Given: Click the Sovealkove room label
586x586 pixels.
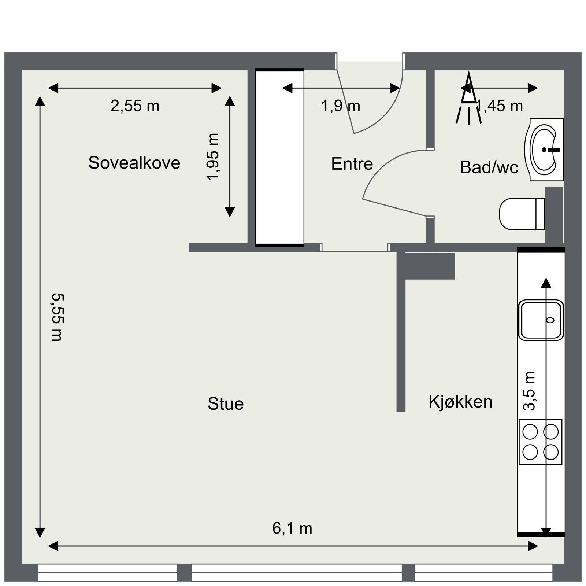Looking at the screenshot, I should [x=134, y=163].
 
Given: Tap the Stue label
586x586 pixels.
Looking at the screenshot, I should [x=226, y=404].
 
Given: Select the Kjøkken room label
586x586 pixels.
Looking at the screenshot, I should [x=460, y=402].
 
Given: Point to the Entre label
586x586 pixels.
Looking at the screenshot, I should [x=352, y=164].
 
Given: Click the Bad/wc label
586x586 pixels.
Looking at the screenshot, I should [x=489, y=167].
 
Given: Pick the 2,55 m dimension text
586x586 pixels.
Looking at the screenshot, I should [x=135, y=106].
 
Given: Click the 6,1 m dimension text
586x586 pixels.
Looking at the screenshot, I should [x=292, y=528].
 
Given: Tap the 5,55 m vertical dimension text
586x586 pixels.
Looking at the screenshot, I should [x=58, y=317].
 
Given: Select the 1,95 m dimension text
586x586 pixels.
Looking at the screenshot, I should [x=213, y=157].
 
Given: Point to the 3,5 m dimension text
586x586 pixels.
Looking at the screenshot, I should [x=530, y=391].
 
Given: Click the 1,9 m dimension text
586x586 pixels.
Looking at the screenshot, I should [x=341, y=106].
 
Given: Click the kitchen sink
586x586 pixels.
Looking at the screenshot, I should [x=541, y=320].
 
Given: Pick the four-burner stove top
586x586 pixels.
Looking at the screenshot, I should [x=540, y=442].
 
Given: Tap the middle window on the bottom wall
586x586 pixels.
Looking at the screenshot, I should [x=296, y=572].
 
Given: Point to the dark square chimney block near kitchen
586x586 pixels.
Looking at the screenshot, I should [x=430, y=266].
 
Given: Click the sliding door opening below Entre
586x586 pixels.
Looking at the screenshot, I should [x=355, y=248].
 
